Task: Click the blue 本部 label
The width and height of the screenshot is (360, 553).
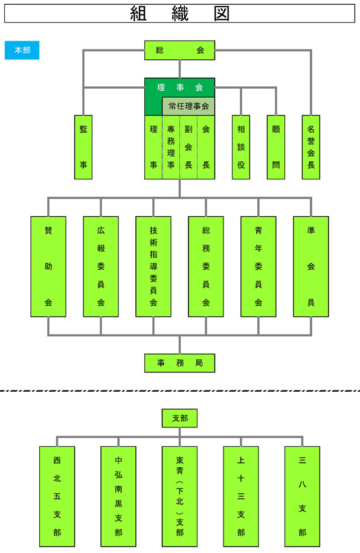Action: (22, 50)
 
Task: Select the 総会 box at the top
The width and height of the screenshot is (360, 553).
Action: (179, 50)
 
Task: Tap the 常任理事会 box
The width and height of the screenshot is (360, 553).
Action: (188, 106)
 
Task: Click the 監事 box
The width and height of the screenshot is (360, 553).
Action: (83, 147)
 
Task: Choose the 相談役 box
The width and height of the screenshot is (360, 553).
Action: (241, 147)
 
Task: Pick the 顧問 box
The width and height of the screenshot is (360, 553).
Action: (276, 147)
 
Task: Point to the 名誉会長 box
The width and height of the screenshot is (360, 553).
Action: (311, 147)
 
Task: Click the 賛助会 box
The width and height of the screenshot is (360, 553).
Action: (48, 266)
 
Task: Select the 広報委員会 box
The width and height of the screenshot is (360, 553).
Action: (101, 266)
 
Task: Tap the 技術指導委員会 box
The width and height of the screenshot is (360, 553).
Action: (153, 266)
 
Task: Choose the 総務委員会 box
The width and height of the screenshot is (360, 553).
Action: (206, 266)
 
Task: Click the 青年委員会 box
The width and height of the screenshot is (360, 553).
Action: (259, 266)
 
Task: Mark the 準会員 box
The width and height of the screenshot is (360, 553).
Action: (311, 266)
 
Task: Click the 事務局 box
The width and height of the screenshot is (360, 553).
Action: (179, 363)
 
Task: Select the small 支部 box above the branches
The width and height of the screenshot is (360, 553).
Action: (179, 418)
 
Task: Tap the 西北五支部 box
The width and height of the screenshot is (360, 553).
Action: (57, 496)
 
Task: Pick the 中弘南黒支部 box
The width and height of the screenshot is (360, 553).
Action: (118, 496)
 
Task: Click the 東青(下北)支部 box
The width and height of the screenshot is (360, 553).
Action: (179, 496)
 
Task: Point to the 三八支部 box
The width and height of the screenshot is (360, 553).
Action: (303, 496)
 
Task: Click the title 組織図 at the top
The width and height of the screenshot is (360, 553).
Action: (179, 13)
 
